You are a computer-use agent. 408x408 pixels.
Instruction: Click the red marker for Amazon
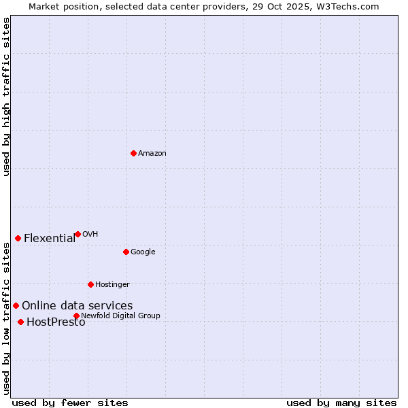coord(133,153)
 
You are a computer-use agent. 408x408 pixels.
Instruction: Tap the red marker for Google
coord(126,252)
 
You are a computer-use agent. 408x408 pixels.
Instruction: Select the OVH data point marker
coord(78,234)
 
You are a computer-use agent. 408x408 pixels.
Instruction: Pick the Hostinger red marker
coord(90,284)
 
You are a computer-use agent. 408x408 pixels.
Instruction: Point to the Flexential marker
coord(18,238)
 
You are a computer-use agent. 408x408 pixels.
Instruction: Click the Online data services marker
coord(16,305)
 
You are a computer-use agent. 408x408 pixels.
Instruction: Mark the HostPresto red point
coord(20,322)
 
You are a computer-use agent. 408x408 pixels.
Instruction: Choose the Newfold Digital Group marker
coord(76,316)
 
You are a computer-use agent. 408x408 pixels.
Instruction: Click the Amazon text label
coord(152,154)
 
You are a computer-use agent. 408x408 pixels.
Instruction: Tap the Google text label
coord(143,252)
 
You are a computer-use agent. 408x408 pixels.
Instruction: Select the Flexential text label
coord(50,238)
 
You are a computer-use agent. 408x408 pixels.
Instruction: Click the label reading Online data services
coord(77,306)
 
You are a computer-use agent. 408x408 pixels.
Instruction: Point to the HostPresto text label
coord(56,322)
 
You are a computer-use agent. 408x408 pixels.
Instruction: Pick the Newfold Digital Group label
coord(120,316)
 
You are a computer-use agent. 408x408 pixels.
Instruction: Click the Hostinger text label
coord(112,284)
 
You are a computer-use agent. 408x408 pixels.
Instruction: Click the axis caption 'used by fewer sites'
coord(70,403)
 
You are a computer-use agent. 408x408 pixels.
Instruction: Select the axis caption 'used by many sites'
coord(341,403)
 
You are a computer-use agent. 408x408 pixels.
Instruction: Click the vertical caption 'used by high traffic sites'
coord(6,97)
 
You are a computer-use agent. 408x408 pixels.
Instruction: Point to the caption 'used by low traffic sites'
coord(6,318)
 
